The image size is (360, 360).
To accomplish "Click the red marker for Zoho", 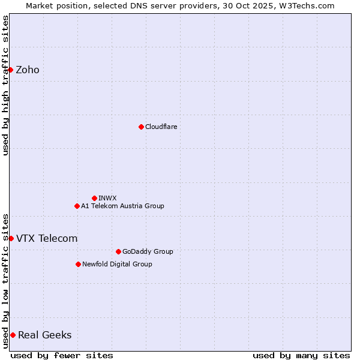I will (10, 70).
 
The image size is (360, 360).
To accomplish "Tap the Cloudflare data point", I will (141, 127).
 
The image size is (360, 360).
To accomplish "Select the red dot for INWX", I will (94, 198).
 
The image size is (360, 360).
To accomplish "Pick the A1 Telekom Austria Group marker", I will (77, 206).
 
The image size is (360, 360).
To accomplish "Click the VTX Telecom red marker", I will (11, 238).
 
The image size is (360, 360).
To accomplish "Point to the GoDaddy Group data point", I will (118, 251).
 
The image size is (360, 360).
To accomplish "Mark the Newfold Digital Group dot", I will (78, 264).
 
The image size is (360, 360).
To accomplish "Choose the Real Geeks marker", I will (13, 335).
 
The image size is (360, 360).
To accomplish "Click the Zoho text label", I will (28, 70).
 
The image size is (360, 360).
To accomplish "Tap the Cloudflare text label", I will (161, 127).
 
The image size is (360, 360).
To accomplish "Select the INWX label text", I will (107, 198).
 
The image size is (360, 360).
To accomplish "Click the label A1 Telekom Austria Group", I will (122, 206).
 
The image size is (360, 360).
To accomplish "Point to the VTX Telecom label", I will (47, 238).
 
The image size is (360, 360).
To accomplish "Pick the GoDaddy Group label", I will (148, 251).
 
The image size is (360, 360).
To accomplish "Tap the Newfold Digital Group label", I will (117, 264).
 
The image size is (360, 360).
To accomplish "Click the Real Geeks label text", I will (45, 335).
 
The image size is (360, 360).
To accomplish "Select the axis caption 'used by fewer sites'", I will (62, 355).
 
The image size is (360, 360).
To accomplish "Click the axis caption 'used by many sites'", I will (301, 355).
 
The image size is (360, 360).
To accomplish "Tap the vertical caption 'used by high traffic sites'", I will (5, 85).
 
